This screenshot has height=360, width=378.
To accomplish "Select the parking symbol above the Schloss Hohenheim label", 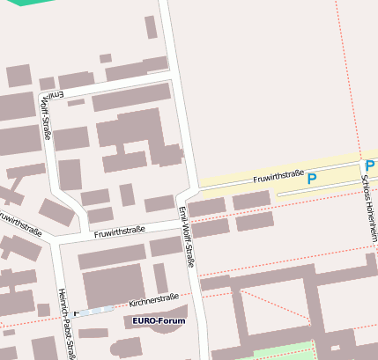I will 370,165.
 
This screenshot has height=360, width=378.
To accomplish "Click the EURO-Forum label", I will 159,321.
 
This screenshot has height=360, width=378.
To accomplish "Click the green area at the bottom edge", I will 283,352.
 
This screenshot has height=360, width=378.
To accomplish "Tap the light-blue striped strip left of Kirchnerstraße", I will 95,310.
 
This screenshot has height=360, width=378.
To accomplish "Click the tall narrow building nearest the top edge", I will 151,27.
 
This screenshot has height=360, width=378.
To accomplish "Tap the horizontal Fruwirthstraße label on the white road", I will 120,231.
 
